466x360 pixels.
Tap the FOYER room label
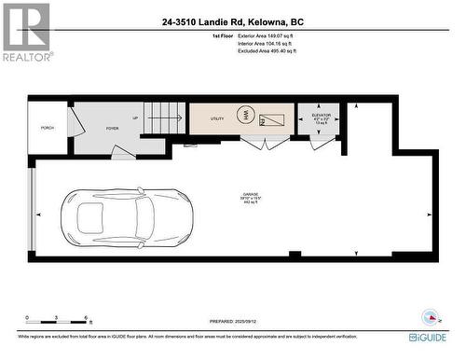tap(112, 129)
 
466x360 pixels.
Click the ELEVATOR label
tap(321, 114)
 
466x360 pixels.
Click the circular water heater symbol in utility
tap(245, 116)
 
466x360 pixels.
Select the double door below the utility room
tap(265, 143)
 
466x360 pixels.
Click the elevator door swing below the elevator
tap(322, 141)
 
